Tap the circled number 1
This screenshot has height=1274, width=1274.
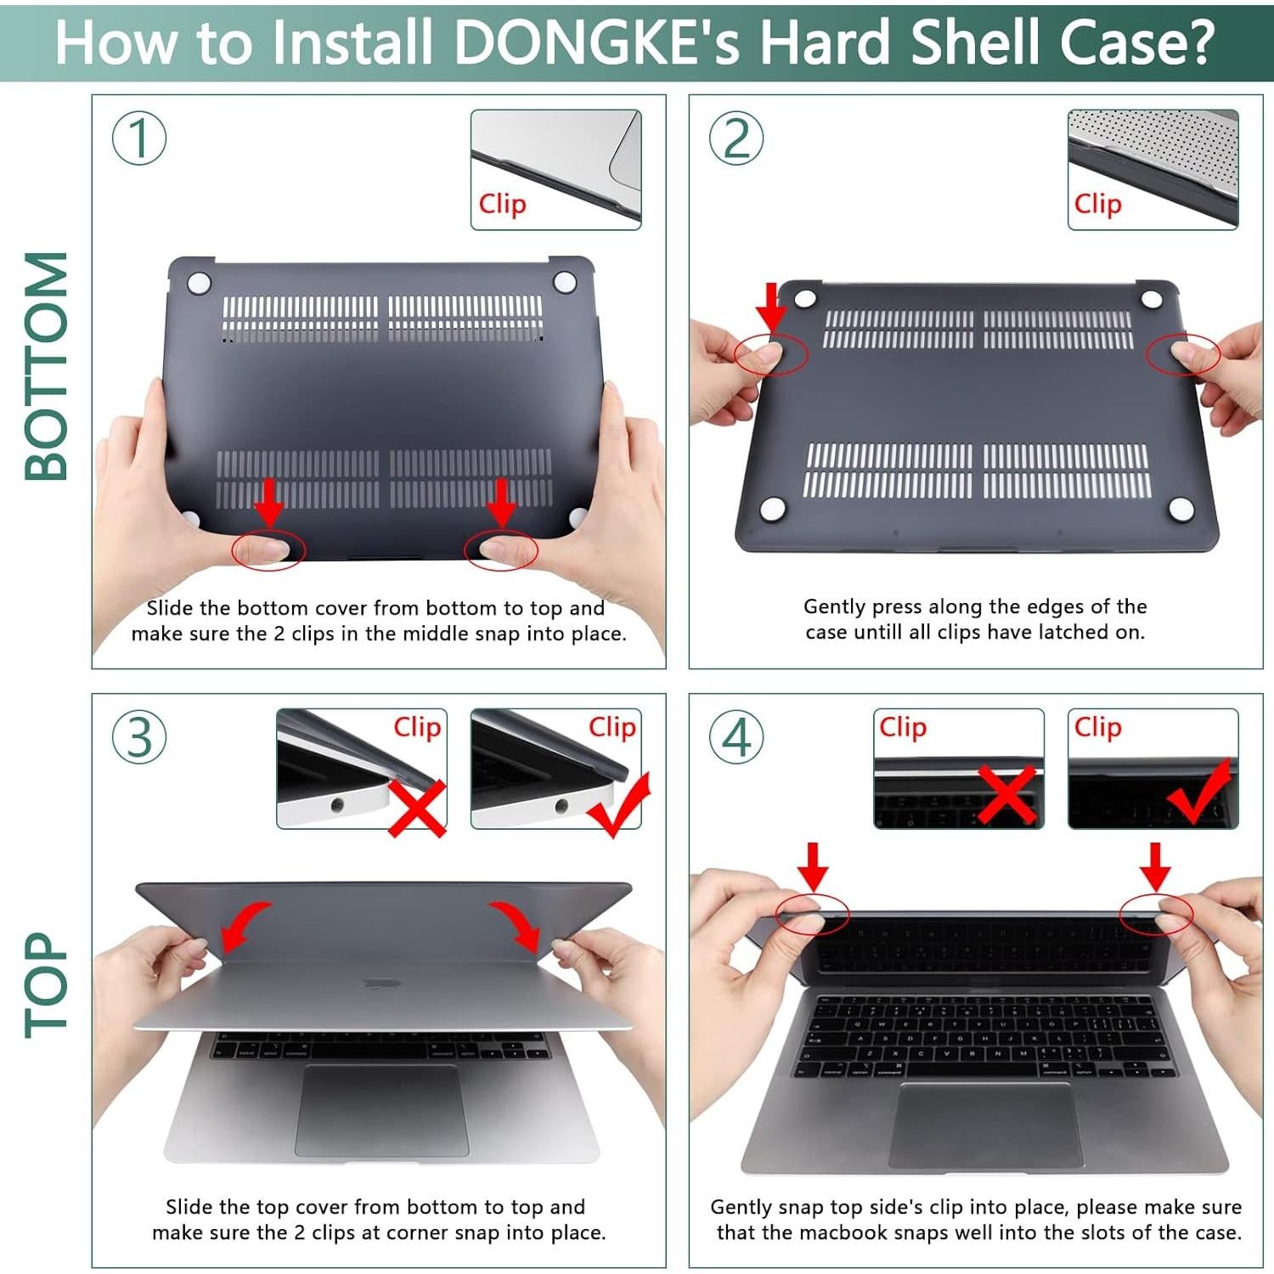click(x=139, y=138)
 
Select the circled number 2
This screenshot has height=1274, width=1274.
click(x=736, y=138)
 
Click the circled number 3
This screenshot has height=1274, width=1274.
click(x=139, y=737)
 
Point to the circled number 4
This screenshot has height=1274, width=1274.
click(x=736, y=737)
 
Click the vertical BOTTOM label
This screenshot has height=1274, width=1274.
click(x=47, y=366)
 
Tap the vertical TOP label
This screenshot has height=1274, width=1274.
click(x=47, y=985)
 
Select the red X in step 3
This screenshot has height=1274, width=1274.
click(x=418, y=807)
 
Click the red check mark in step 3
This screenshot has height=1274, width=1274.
click(x=620, y=805)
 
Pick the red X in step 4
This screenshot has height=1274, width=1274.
click(x=1006, y=794)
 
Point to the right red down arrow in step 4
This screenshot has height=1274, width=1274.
click(x=1155, y=866)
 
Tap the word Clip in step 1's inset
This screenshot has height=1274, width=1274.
click(x=502, y=204)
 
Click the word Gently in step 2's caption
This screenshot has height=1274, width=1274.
click(x=835, y=606)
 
